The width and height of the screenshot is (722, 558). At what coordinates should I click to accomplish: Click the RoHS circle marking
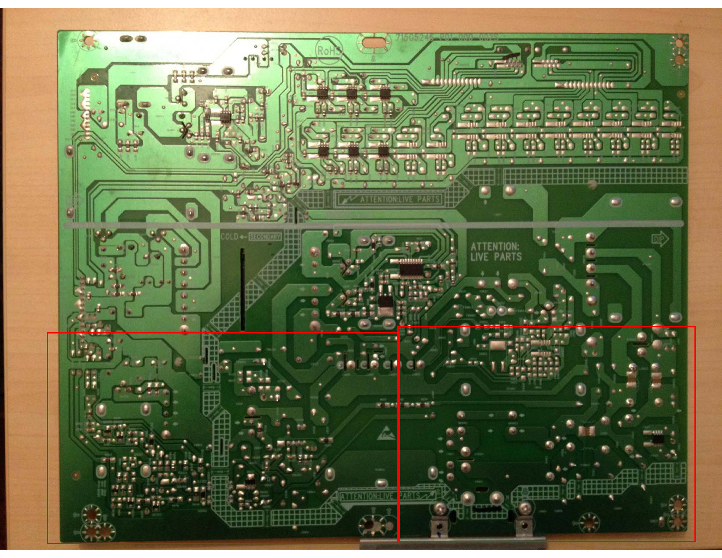pos(329,51)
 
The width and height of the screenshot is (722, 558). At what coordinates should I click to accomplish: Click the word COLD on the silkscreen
pos(229,237)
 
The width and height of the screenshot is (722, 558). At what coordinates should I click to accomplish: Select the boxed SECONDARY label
pos(265,237)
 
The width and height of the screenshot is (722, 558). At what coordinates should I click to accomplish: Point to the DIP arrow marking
pos(659,239)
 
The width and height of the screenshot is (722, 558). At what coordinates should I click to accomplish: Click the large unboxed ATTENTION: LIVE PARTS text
pos(496,252)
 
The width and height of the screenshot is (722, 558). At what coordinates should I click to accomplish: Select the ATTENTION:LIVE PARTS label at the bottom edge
pos(388,496)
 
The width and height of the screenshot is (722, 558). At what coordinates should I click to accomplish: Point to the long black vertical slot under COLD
pos(242,289)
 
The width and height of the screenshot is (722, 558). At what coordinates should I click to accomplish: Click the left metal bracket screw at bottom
pos(440,509)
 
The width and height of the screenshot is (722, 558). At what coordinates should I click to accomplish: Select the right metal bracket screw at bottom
pos(525,509)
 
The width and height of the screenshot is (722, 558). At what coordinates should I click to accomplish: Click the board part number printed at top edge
pos(446,38)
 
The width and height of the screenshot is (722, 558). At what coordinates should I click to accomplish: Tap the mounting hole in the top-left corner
pos(88,41)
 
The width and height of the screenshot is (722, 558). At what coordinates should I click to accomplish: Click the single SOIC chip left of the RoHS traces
pos(224,116)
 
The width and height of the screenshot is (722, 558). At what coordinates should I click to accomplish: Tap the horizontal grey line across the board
pos(372,225)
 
